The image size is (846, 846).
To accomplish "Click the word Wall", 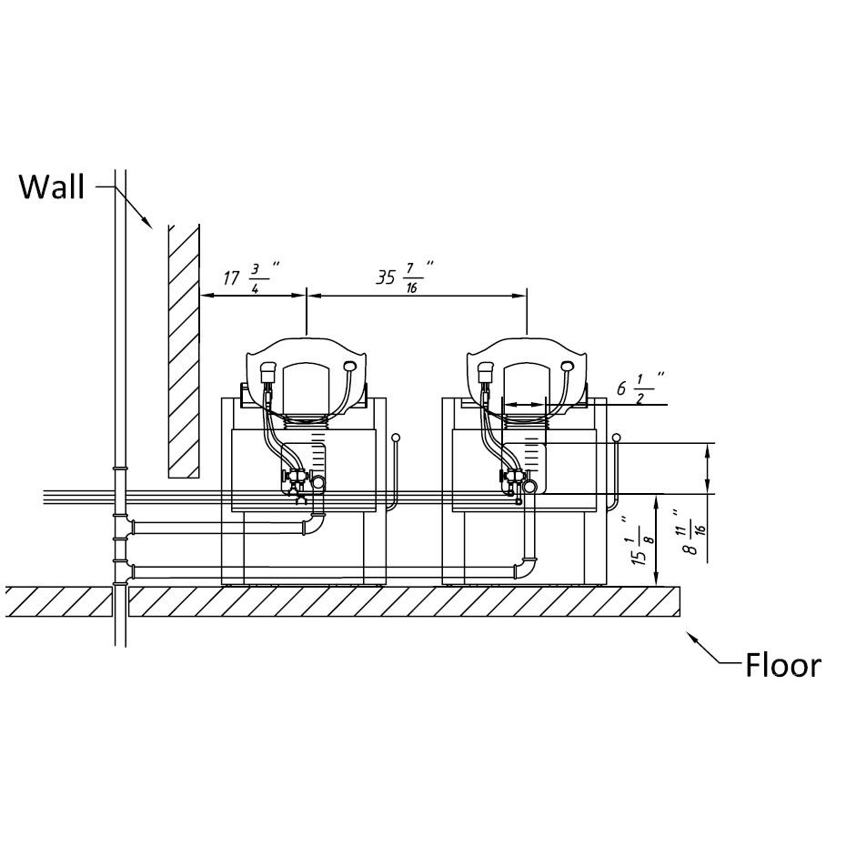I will (52, 187).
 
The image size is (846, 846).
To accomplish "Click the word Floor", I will (782, 665).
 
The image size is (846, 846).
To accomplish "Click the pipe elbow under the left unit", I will (315, 525).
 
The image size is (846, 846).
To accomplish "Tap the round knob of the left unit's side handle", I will (396, 438).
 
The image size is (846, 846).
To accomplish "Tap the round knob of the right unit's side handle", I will (617, 438).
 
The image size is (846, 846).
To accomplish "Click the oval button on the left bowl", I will (350, 366).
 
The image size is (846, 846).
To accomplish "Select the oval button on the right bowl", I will (569, 366).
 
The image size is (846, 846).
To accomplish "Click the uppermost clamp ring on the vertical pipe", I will (119, 468).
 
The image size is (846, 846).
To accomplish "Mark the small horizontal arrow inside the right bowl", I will (523, 403).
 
